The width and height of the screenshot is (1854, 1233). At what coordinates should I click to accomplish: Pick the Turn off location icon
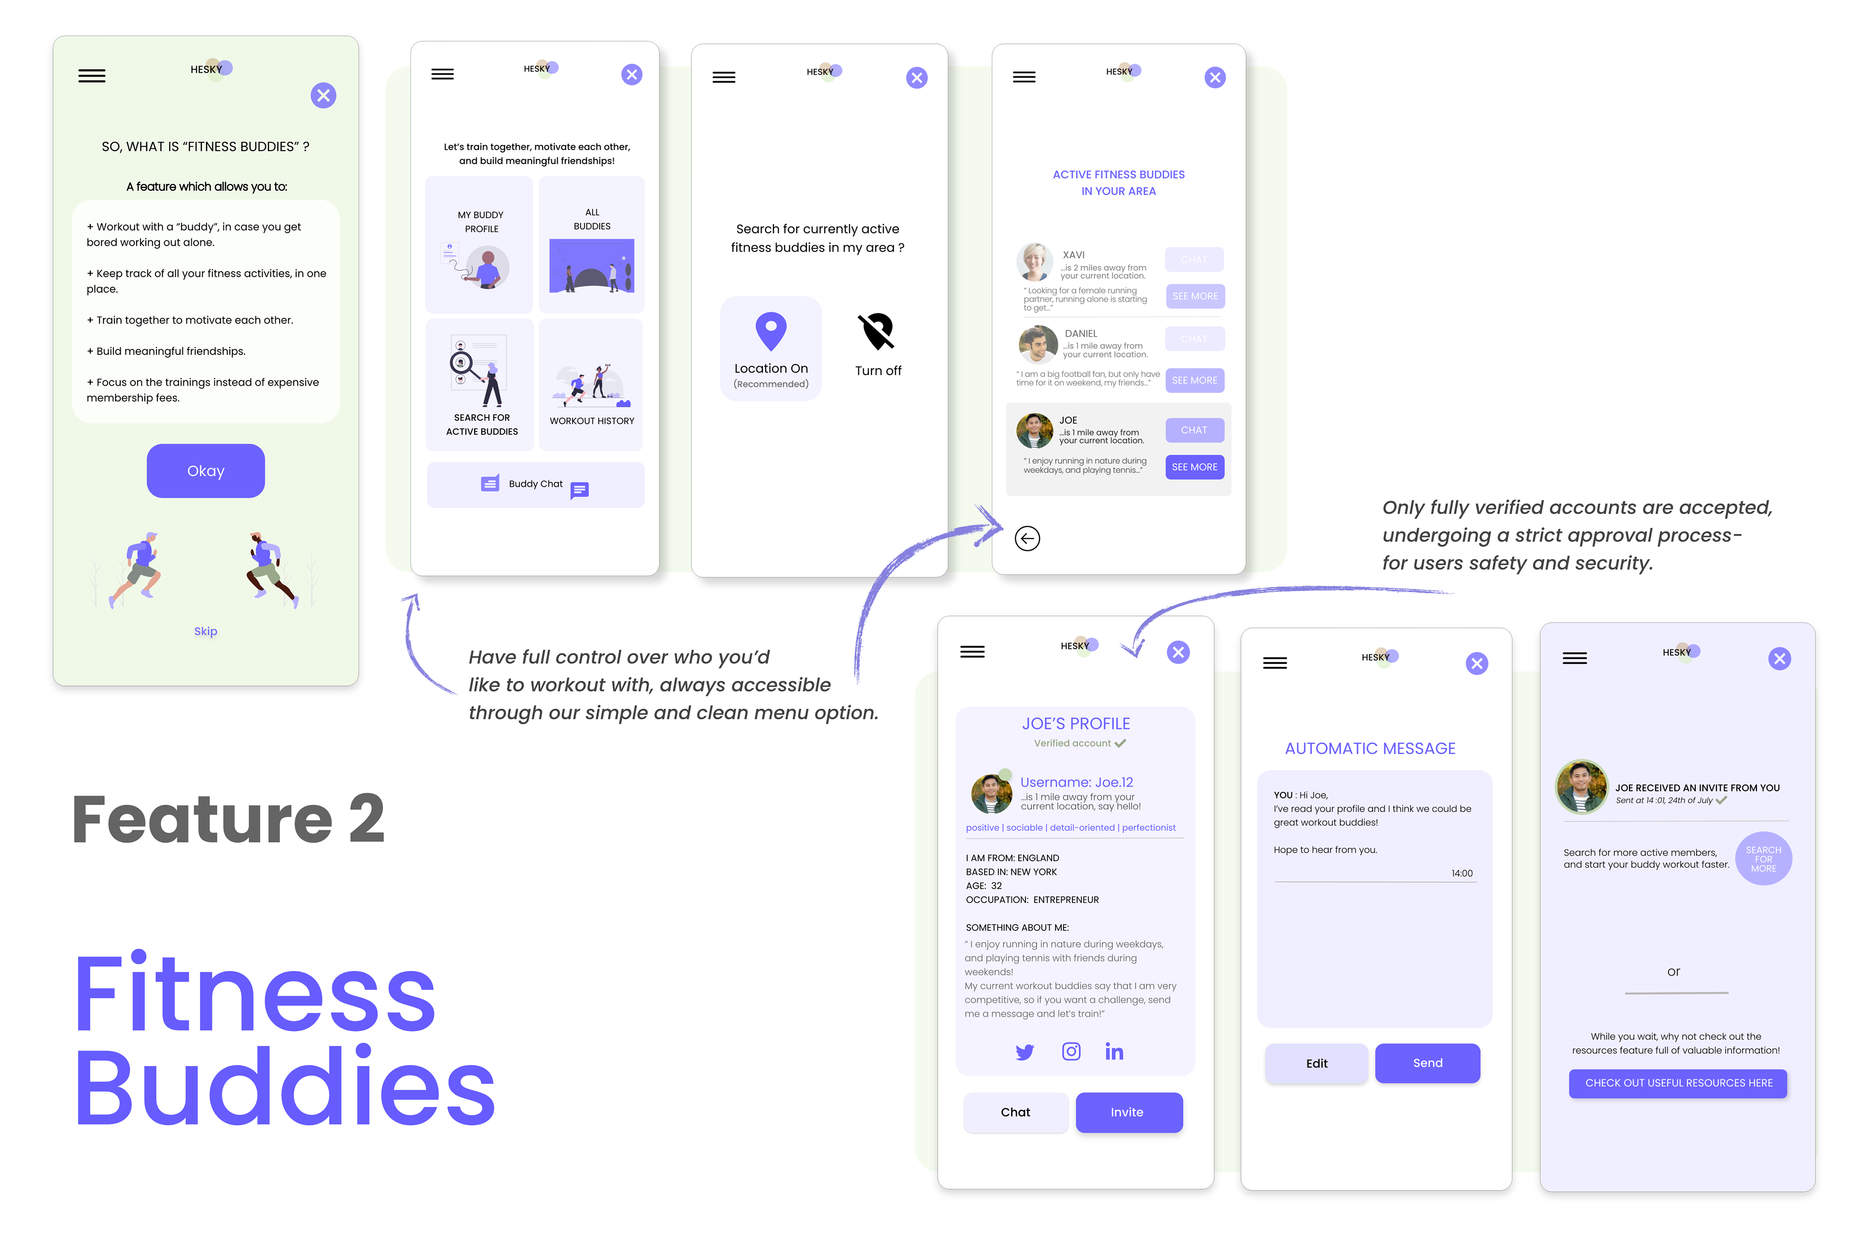click(x=877, y=332)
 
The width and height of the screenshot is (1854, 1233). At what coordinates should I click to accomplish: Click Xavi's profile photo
click(x=1034, y=262)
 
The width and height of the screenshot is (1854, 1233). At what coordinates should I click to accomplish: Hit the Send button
click(x=1427, y=1063)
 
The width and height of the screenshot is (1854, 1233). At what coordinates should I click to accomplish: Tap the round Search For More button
click(x=1763, y=859)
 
